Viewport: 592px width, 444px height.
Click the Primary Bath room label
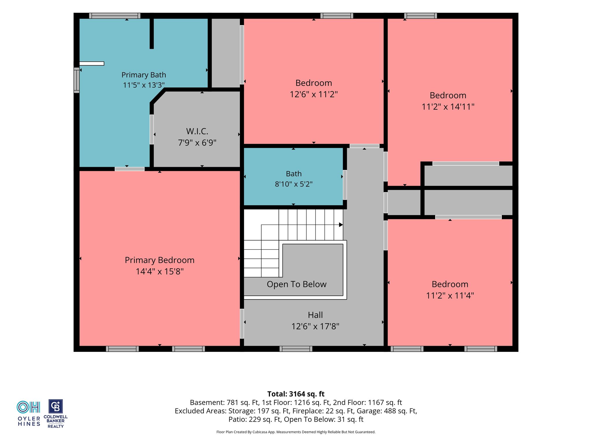click(x=144, y=75)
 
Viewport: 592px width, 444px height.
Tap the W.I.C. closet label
click(x=197, y=132)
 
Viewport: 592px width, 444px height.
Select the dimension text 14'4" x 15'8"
click(x=160, y=271)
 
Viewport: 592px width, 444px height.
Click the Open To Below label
click(x=297, y=284)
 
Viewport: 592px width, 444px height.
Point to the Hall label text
click(x=315, y=315)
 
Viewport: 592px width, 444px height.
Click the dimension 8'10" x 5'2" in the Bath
click(x=294, y=184)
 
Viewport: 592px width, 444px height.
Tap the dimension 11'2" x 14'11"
click(x=448, y=107)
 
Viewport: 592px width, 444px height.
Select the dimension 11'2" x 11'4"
click(x=450, y=295)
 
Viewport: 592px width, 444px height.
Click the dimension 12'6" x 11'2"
click(x=314, y=94)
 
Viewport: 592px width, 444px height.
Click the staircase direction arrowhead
click(x=341, y=225)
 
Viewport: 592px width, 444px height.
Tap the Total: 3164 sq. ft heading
click(x=296, y=394)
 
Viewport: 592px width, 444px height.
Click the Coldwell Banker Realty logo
click(x=55, y=414)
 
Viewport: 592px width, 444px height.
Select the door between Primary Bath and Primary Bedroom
click(x=129, y=169)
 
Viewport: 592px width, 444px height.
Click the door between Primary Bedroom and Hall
click(x=242, y=323)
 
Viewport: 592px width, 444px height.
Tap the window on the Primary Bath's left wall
click(x=77, y=80)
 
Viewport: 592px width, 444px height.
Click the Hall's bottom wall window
click(x=296, y=349)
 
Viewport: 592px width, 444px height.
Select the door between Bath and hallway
click(x=345, y=185)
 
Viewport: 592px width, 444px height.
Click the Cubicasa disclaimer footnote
click(x=296, y=432)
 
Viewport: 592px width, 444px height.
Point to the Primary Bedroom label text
click(x=160, y=260)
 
